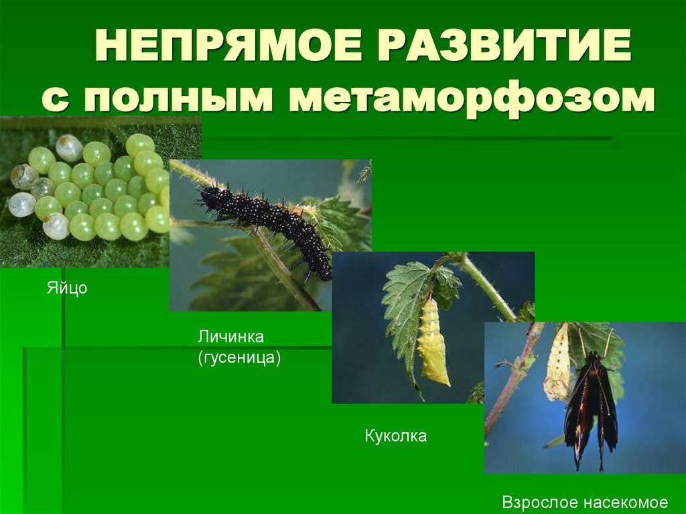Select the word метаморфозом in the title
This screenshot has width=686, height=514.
click(x=472, y=99)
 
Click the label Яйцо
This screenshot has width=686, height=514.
click(x=67, y=290)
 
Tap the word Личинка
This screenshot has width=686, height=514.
click(x=231, y=336)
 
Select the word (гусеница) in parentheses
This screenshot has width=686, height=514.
click(x=238, y=358)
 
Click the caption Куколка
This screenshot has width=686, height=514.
click(x=396, y=436)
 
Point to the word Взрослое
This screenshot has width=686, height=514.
click(x=540, y=502)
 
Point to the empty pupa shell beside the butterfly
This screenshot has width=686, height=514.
click(x=557, y=365)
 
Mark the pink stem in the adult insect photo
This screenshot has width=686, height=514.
click(x=512, y=382)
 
